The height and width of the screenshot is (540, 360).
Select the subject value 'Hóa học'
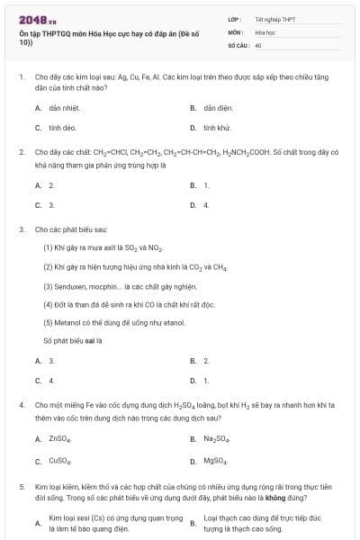(265, 31)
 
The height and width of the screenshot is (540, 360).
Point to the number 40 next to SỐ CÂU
(258, 44)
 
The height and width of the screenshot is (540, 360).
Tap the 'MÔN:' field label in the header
(236, 31)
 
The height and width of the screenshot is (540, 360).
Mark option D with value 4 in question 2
(206, 205)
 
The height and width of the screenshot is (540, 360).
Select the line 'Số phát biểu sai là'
(74, 341)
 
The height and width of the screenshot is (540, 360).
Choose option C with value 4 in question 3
(51, 381)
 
